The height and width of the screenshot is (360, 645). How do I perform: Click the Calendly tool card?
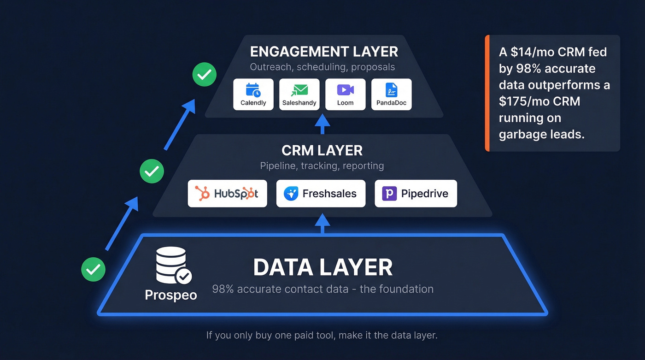pyautogui.click(x=253, y=94)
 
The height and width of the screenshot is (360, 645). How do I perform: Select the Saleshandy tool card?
pyautogui.click(x=299, y=94)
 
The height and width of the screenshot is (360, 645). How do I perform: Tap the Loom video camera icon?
pyautogui.click(x=345, y=89)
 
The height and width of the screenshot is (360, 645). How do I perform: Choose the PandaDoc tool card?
pyautogui.click(x=391, y=94)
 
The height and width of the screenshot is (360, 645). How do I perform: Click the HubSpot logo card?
pyautogui.click(x=227, y=194)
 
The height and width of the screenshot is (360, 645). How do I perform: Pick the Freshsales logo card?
pyautogui.click(x=321, y=194)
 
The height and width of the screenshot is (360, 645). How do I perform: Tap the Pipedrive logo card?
pyautogui.click(x=416, y=194)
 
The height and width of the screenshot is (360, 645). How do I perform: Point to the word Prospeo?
pyautogui.click(x=171, y=295)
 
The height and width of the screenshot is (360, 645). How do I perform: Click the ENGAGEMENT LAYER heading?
pyautogui.click(x=324, y=51)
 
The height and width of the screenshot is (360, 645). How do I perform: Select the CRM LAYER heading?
pyautogui.click(x=322, y=150)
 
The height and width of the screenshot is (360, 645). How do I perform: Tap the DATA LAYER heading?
pyautogui.click(x=322, y=268)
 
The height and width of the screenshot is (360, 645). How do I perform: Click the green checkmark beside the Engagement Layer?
pyautogui.click(x=204, y=74)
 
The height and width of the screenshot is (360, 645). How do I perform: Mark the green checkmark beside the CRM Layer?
pyautogui.click(x=152, y=171)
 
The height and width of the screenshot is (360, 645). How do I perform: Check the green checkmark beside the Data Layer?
pyautogui.click(x=94, y=269)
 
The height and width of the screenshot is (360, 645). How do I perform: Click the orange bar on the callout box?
pyautogui.click(x=487, y=93)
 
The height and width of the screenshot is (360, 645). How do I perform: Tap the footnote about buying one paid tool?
pyautogui.click(x=322, y=335)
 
